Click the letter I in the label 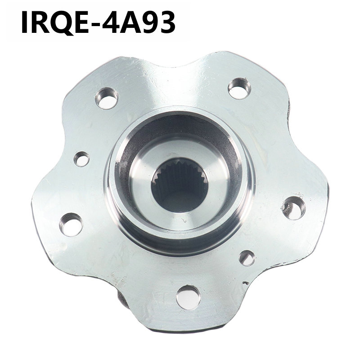point(24,22)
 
